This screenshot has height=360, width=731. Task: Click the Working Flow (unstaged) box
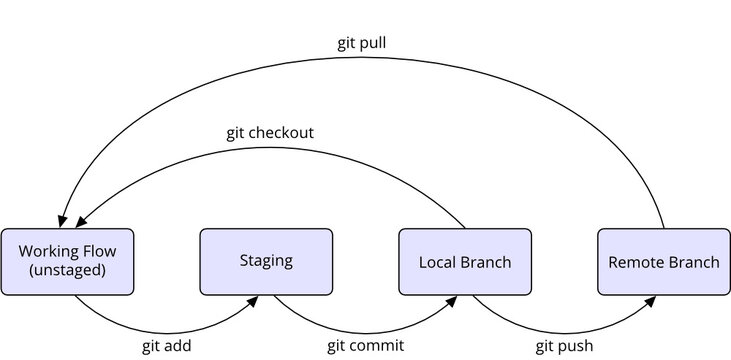coord(67,262)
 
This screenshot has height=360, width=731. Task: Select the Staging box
coord(266,262)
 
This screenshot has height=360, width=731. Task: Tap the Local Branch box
coord(464,262)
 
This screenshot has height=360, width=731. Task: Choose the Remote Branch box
coord(663,262)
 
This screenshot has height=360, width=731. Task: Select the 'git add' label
coord(166,346)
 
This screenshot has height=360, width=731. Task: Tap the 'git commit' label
coord(365,346)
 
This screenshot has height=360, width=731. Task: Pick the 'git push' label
coord(563,346)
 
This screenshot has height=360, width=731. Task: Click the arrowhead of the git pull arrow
coord(63,221)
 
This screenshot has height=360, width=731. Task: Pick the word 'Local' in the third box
coord(437,262)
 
